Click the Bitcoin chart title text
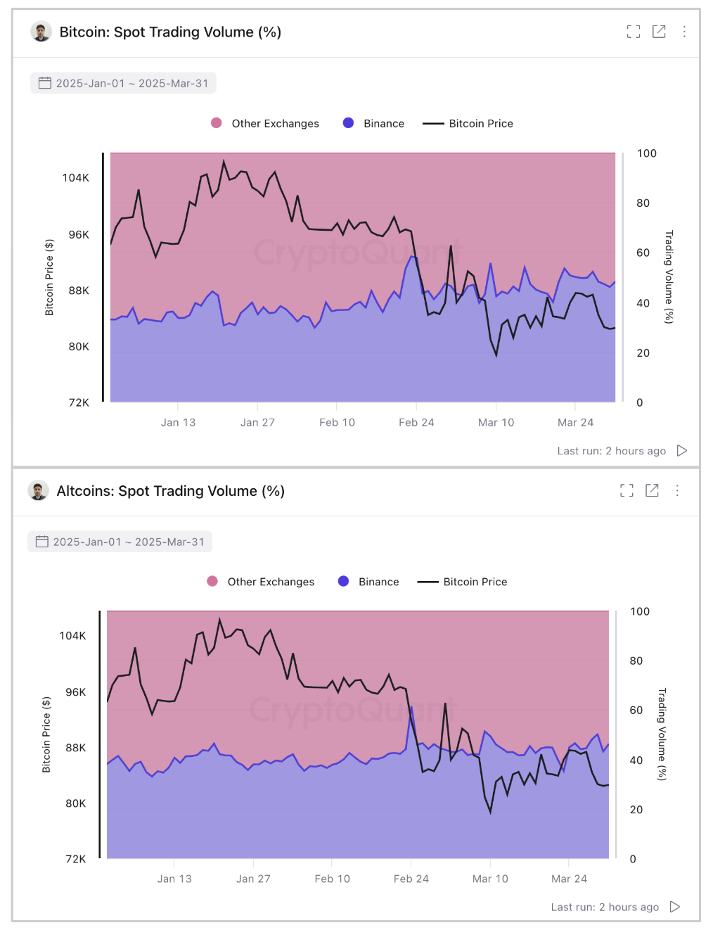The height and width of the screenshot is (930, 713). (x=170, y=32)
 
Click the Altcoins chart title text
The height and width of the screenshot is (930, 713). (x=170, y=491)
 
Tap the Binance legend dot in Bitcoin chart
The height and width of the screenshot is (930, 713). (x=348, y=123)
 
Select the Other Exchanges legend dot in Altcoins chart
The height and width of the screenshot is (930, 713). (x=212, y=581)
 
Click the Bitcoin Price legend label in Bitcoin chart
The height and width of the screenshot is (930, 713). (x=481, y=124)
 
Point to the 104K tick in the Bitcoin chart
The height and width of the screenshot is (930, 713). (x=76, y=178)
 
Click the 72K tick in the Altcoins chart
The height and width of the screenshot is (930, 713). (x=75, y=859)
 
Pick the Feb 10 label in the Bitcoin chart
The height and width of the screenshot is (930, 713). (x=337, y=423)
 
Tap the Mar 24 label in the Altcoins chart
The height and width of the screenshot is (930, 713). (x=569, y=879)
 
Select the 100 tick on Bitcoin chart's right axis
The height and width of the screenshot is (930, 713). (x=646, y=153)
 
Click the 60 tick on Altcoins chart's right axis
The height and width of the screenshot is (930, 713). (x=636, y=711)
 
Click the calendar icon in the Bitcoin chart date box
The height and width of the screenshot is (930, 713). (x=45, y=83)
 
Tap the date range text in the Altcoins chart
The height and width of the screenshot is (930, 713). (x=129, y=542)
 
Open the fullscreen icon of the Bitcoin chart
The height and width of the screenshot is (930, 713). (x=634, y=32)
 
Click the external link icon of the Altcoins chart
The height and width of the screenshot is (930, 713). (x=652, y=490)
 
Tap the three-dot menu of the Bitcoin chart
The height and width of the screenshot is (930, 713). (x=684, y=32)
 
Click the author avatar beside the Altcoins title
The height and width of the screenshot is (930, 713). (x=38, y=490)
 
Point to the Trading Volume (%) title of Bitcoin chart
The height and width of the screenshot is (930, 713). (x=669, y=276)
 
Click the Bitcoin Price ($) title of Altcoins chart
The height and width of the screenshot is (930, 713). (x=46, y=734)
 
